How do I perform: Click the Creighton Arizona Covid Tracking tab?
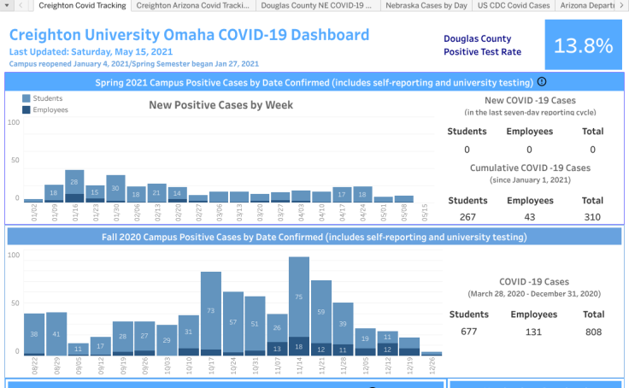coord(194,5)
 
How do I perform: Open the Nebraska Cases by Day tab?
coord(426,5)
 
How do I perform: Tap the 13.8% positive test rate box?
coord(583,45)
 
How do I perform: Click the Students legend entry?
coord(47,99)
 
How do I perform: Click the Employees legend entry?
coord(50,109)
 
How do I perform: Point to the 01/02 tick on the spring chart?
coord(35,211)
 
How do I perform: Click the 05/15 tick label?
coord(425,211)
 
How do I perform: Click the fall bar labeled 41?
coord(56,332)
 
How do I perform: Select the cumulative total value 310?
coord(592,216)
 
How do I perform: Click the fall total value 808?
coord(592,330)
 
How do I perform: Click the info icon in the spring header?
coord(542,82)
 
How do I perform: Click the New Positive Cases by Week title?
coord(220,105)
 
